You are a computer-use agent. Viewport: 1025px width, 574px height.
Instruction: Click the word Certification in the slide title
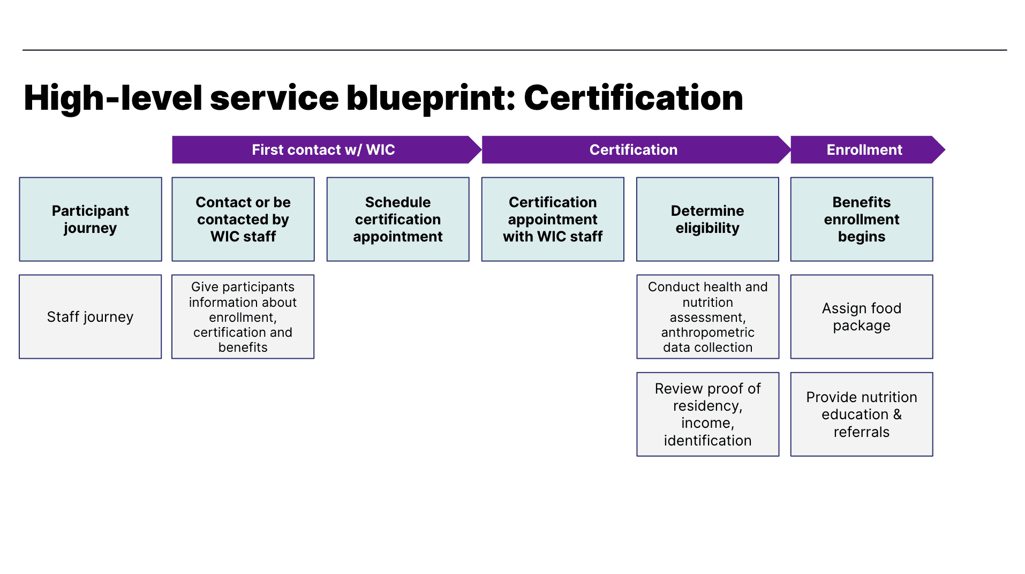click(633, 98)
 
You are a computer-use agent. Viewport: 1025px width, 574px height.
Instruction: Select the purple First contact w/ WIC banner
click(323, 150)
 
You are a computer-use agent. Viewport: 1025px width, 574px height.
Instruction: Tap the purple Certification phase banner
click(633, 150)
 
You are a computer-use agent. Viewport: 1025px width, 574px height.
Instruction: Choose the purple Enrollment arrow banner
click(864, 150)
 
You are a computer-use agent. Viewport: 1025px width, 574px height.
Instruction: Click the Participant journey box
click(91, 220)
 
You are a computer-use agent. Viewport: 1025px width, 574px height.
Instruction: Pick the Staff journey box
click(91, 317)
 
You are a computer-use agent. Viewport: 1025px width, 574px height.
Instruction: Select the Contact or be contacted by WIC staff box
click(243, 220)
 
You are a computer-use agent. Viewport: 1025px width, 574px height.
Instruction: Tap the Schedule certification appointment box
click(398, 220)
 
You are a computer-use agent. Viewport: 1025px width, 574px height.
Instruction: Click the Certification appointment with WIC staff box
click(553, 220)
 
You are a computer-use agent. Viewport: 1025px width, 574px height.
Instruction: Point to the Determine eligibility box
click(707, 220)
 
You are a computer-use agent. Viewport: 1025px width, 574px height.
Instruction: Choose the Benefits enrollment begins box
click(862, 220)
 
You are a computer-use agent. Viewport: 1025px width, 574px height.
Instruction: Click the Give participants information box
click(243, 317)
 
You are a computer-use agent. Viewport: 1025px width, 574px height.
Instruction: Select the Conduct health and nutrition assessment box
click(707, 317)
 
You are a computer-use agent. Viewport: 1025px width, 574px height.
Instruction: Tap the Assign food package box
click(862, 317)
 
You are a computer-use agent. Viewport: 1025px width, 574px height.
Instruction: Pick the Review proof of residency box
click(707, 414)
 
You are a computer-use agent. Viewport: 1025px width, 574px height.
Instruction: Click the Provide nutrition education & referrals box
click(862, 414)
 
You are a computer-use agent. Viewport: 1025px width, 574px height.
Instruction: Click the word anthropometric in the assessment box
click(707, 333)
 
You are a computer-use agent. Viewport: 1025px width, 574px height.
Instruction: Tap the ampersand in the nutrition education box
click(897, 414)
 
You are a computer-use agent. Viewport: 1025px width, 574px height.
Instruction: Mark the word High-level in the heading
click(113, 98)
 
